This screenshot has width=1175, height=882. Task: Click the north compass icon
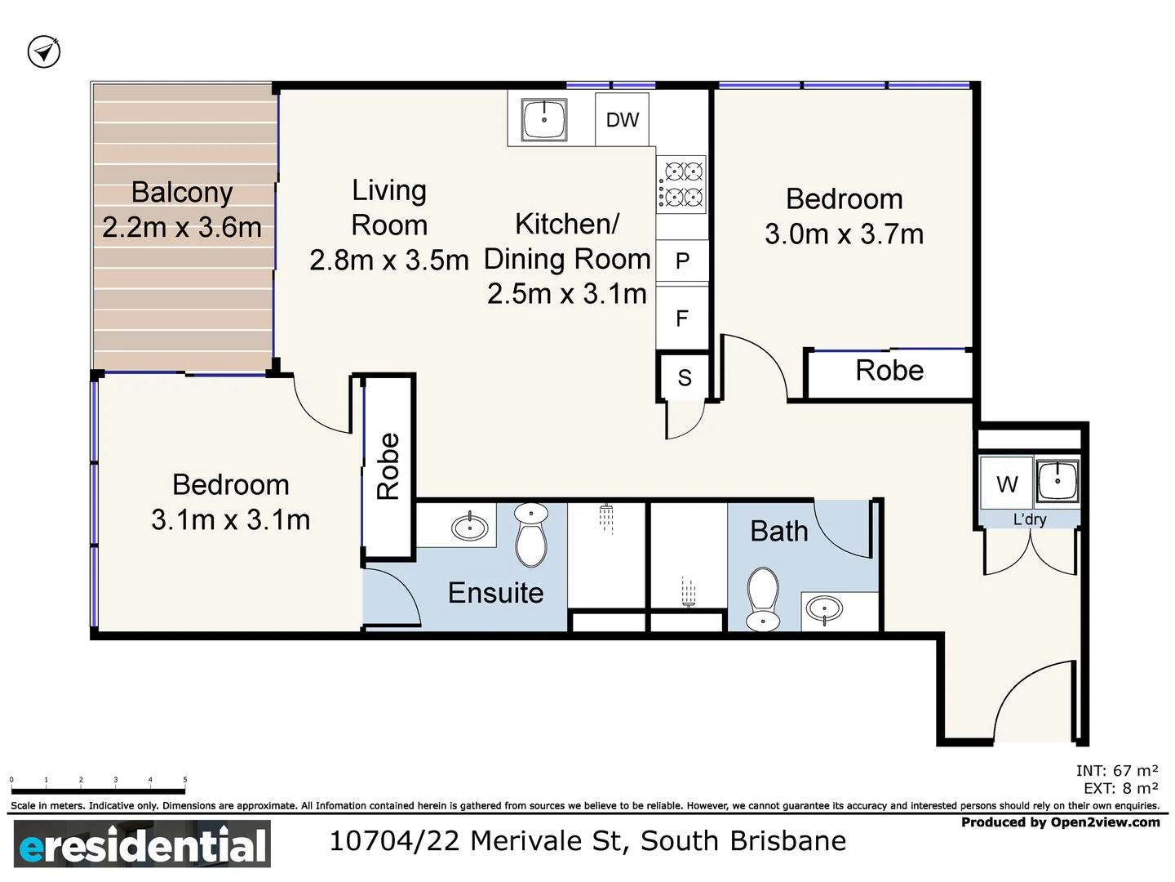pyautogui.click(x=44, y=52)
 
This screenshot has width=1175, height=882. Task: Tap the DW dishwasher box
pyautogui.click(x=622, y=120)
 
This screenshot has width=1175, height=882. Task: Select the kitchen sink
pyautogui.click(x=544, y=120)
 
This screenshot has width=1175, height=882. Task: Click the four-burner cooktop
pyautogui.click(x=682, y=184)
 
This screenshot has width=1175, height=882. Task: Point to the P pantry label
pyautogui.click(x=682, y=261)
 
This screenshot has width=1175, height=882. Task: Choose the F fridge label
pyautogui.click(x=682, y=318)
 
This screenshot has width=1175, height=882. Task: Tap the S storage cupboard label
pyautogui.click(x=684, y=378)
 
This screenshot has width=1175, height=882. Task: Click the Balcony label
pyautogui.click(x=182, y=193)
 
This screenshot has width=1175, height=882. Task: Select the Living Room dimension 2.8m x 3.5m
pyautogui.click(x=389, y=261)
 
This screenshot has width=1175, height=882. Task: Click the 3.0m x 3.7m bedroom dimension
pyautogui.click(x=844, y=234)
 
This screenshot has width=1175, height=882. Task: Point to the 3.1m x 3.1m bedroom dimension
pyautogui.click(x=230, y=520)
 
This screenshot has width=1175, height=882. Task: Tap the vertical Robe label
pyautogui.click(x=388, y=466)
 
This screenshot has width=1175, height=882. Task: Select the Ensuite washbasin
pyautogui.click(x=470, y=527)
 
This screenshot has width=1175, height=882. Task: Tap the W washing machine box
pyautogui.click(x=1007, y=484)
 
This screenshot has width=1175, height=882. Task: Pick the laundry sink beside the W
pyautogui.click(x=1057, y=481)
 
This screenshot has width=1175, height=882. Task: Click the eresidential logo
pyautogui.click(x=142, y=844)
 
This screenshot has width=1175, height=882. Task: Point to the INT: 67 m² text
pyautogui.click(x=1116, y=770)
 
